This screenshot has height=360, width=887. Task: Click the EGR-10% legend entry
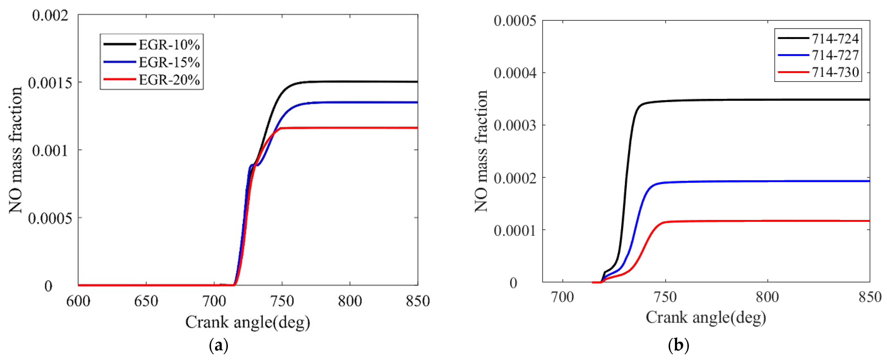coord(169,45)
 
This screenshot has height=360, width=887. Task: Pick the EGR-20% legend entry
coord(169,80)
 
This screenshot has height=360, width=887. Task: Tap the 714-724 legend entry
coord(835,39)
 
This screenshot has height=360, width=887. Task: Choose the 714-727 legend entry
coord(835,55)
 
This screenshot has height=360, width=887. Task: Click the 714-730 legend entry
coord(835,72)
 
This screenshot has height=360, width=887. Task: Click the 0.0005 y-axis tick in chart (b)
coord(515,21)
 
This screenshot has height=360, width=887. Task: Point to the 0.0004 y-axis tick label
coord(515,73)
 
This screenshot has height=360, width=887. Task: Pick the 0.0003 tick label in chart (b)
coord(515,126)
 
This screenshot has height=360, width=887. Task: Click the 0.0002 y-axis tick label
coord(515,178)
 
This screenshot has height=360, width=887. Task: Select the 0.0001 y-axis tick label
coord(515,231)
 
